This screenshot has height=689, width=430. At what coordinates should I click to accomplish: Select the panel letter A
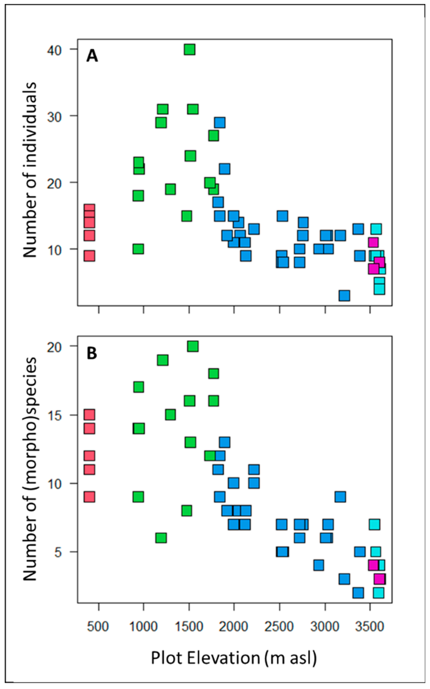pyautogui.click(x=92, y=56)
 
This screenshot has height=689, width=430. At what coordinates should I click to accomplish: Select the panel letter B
pyautogui.click(x=92, y=354)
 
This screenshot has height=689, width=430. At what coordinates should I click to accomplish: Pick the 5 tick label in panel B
pyautogui.click(x=58, y=552)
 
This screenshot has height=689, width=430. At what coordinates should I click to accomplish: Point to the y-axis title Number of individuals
pyautogui.click(x=30, y=170)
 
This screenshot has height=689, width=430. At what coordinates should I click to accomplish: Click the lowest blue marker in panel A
pyautogui.click(x=344, y=296)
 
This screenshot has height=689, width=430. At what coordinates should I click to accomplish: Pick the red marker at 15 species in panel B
pyautogui.click(x=89, y=415)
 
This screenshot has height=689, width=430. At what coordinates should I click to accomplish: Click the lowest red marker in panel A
pyautogui.click(x=89, y=256)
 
